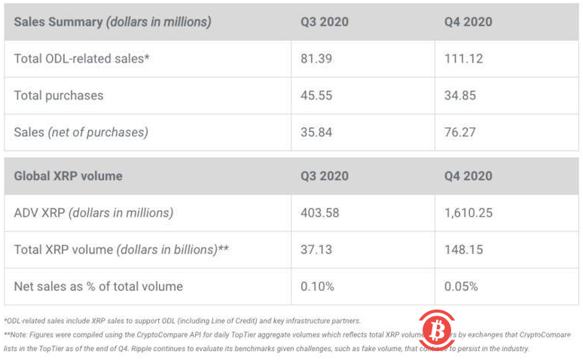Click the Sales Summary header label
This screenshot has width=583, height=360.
112,22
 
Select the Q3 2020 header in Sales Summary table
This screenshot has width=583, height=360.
324,22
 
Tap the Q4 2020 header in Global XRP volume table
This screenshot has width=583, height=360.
468,176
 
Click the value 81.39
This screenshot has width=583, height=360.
316,59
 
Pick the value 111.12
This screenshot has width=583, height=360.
463,59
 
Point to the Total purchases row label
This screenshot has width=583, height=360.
59,96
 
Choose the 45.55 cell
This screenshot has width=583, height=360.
316,96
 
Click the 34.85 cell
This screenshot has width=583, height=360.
461,96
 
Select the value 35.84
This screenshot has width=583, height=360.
316,133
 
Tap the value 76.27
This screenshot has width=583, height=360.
461,133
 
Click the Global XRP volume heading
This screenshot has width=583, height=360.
68,176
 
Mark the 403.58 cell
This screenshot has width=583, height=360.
319,213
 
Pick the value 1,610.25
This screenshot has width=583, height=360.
468,213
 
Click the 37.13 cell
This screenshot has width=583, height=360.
315,249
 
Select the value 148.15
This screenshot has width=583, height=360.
462,249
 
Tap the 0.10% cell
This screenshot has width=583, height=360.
317,286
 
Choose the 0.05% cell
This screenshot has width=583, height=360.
462,286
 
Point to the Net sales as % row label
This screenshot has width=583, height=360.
98,286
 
